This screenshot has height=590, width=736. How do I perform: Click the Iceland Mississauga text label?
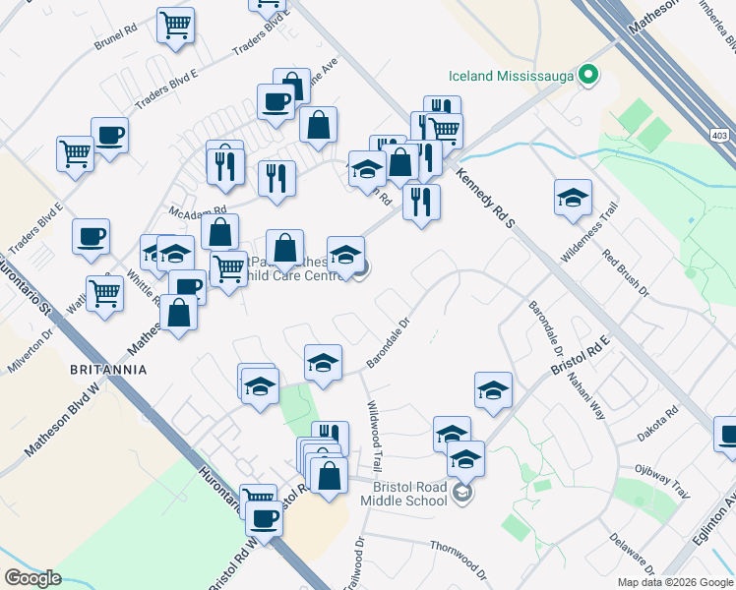pos(511,75)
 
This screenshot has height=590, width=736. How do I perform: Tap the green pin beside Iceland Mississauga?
pos(588,74)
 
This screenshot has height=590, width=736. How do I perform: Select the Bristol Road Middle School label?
pos(409,494)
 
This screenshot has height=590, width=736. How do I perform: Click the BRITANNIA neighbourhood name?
pos(108,370)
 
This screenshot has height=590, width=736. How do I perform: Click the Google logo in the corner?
pos(32,578)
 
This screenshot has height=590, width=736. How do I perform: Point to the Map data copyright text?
pos(675,582)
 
